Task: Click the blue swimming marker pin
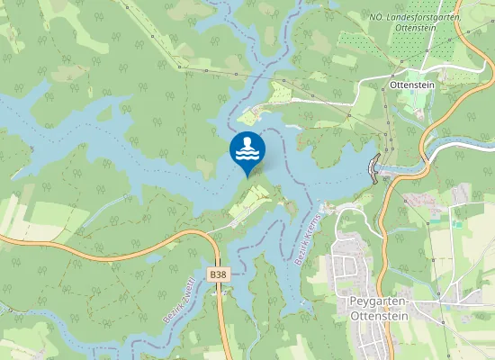[247, 150]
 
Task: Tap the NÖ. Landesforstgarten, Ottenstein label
[415, 22]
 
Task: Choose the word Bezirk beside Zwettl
[170, 310]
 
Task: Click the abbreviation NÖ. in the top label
[376, 16]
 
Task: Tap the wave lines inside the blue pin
[247, 155]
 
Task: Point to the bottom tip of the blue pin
[247, 176]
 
